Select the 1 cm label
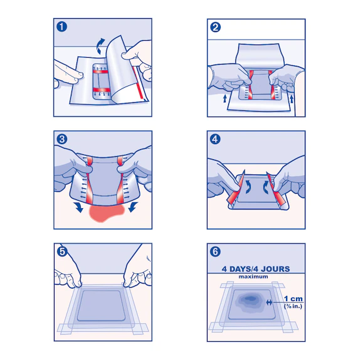[x=294, y=299]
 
